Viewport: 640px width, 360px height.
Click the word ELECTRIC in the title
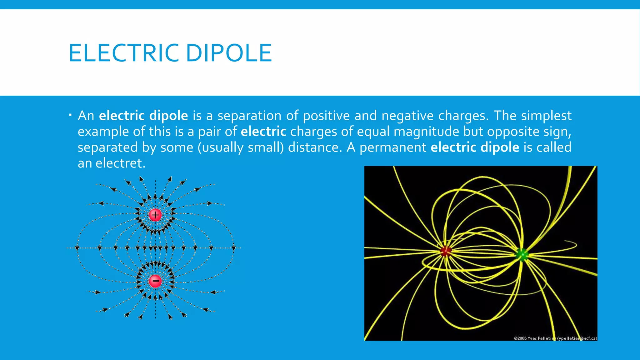[x=124, y=53]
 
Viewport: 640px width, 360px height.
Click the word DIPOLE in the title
[x=229, y=53]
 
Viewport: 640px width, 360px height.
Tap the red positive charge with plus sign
[x=155, y=215]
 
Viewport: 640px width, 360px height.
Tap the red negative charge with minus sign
[x=155, y=281]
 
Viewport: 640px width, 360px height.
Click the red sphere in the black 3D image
[x=446, y=251]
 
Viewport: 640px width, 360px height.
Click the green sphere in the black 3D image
[x=522, y=255]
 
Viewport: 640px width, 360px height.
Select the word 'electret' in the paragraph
[x=120, y=163]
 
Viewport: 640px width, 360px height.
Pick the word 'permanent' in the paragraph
[x=393, y=147]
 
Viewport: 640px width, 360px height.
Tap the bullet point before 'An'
[x=71, y=116]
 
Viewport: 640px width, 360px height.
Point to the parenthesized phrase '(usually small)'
[x=240, y=147]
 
